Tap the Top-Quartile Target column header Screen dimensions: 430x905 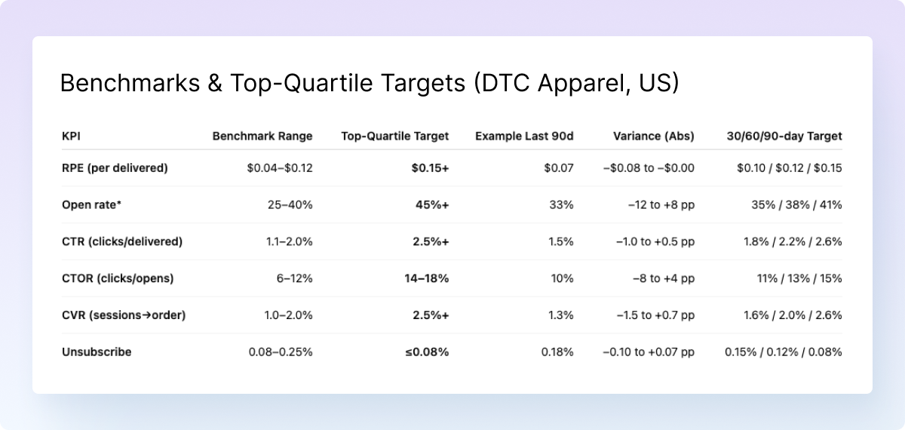click(x=394, y=137)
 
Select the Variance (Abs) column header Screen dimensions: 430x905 click(x=654, y=137)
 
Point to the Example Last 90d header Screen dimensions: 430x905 click(x=524, y=137)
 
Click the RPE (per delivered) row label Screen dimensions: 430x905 click(x=115, y=168)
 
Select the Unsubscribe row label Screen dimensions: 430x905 click(x=97, y=352)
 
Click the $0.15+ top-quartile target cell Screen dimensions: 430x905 click(x=430, y=168)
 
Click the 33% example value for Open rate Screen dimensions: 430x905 click(x=561, y=205)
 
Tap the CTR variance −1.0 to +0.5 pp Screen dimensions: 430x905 click(x=655, y=241)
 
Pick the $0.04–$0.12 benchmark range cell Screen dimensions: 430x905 click(x=280, y=168)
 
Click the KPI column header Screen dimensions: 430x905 click(x=72, y=137)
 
